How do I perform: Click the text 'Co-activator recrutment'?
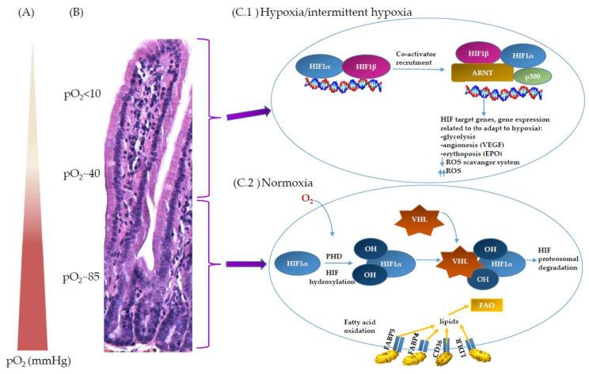pyautogui.click(x=420, y=58)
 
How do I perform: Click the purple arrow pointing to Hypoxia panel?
pyautogui.click(x=247, y=115)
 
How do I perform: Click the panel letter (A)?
pyautogui.click(x=23, y=13)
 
